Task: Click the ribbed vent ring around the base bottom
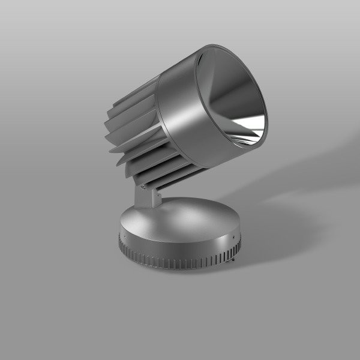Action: (180, 262)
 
